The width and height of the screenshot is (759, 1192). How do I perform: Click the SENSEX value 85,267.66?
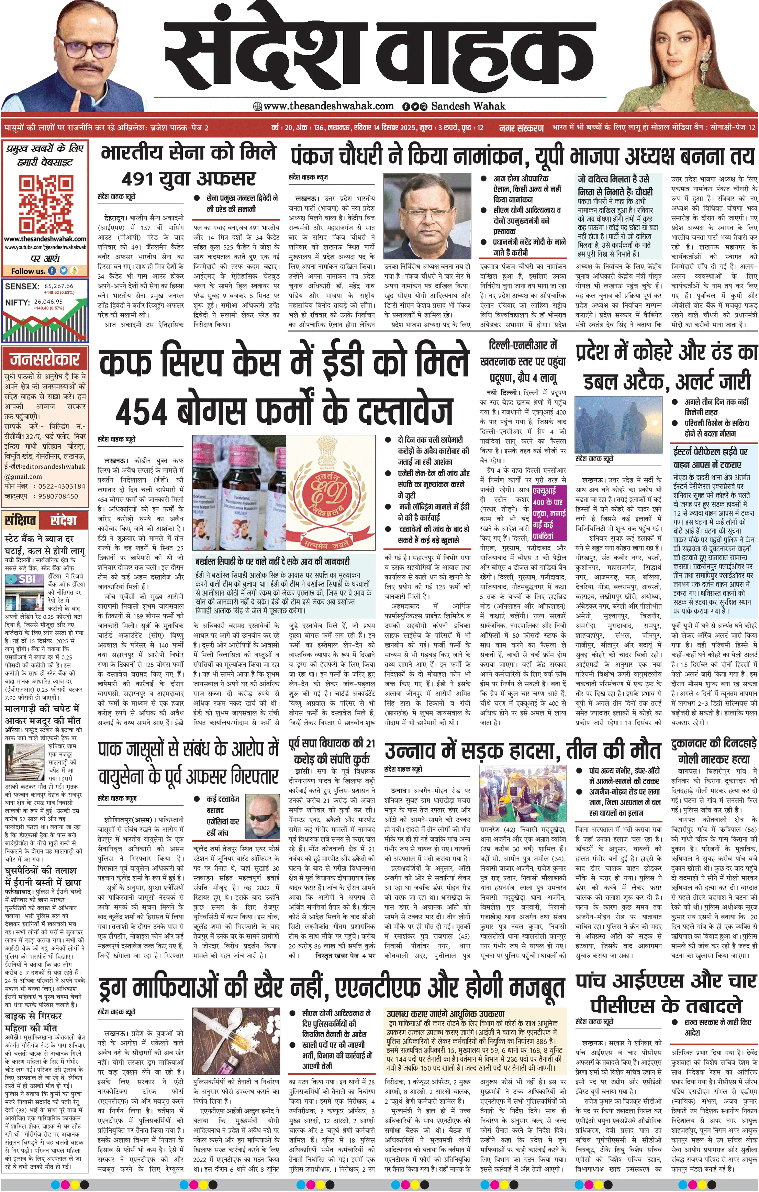58,285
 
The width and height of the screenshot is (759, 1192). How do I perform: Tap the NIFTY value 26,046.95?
48,302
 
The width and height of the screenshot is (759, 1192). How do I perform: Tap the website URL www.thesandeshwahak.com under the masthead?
328,105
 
